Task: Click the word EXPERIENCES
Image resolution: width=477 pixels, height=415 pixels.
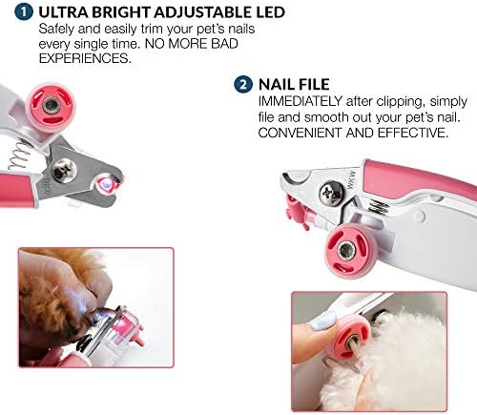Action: tap(83, 58)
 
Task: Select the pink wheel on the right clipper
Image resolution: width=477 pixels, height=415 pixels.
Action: tap(343, 251)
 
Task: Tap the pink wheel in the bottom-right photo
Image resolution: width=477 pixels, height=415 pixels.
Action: tap(351, 334)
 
